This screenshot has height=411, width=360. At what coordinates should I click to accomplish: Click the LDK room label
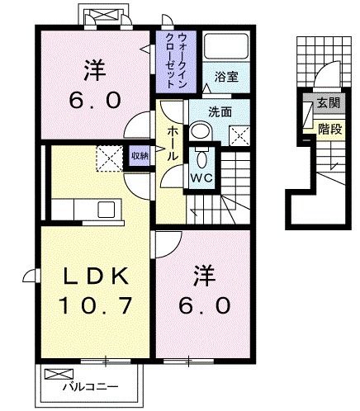pos(96,276)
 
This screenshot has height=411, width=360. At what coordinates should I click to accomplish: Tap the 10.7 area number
pos(96,305)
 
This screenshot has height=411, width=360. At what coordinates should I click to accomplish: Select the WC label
pos(202,178)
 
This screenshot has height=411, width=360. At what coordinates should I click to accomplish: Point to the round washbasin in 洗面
pos(201,131)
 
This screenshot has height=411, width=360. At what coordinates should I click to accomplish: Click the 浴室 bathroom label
pos(226,78)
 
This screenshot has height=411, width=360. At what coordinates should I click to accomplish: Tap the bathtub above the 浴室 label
pos(226,46)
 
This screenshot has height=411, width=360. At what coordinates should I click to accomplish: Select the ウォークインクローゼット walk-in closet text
pos(177,60)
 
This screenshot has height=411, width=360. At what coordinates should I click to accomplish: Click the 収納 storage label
pos(140,156)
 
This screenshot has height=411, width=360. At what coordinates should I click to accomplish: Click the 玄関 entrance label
pos(329,103)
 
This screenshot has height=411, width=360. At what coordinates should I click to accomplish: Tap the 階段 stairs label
pos(330,129)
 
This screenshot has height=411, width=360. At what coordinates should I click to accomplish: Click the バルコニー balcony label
pos(91,387)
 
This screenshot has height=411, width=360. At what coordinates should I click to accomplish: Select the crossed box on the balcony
pos(59,374)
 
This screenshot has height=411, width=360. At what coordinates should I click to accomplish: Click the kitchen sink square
pos(106,210)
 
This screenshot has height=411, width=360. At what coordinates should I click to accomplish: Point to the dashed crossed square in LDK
pos(109,158)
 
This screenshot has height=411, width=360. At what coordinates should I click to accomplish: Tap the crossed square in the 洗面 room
pos(239,136)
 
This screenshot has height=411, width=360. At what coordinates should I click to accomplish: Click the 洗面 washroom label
pos(220,112)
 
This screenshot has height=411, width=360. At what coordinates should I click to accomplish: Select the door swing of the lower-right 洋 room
pos(168,245)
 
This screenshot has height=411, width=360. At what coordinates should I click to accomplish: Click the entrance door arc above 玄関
pos(328,73)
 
